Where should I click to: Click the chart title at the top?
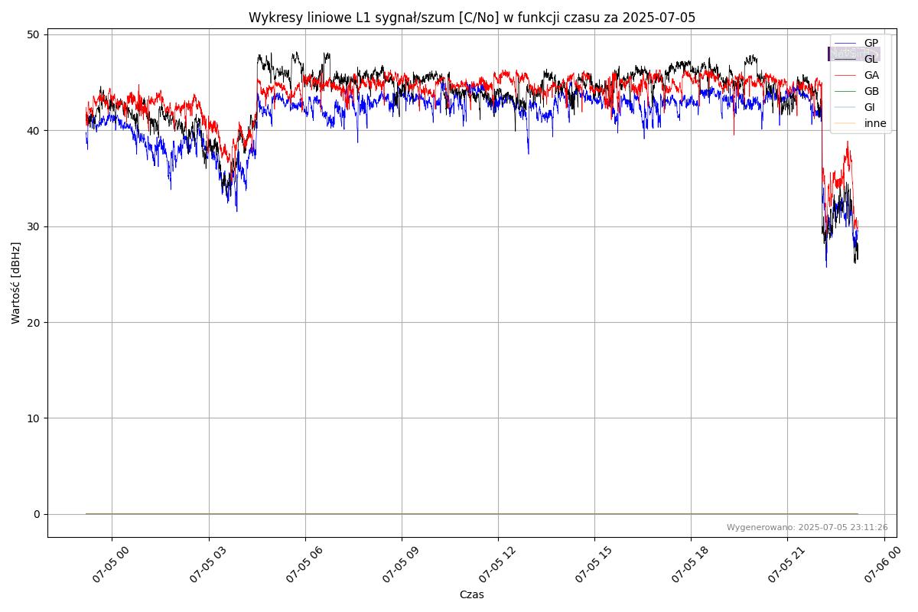pyautogui.click(x=472, y=18)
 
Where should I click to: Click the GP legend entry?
pyautogui.click(x=871, y=43)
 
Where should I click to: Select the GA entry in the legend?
pyautogui.click(x=871, y=75)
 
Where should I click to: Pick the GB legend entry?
pyautogui.click(x=871, y=91)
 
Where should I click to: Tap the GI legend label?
pyautogui.click(x=869, y=107)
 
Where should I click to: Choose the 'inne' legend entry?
pyautogui.click(x=874, y=123)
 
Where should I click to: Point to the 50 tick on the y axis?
pyautogui.click(x=34, y=34)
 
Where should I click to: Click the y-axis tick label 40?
pyautogui.click(x=34, y=131)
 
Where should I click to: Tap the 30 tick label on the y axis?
pyautogui.click(x=34, y=226)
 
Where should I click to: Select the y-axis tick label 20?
pyautogui.click(x=34, y=322)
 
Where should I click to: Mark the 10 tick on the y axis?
pyautogui.click(x=34, y=418)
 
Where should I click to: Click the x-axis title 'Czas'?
pyautogui.click(x=471, y=594)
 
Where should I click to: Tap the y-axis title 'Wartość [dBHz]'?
pyautogui.click(x=16, y=283)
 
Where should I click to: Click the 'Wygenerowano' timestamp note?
pyautogui.click(x=807, y=527)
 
